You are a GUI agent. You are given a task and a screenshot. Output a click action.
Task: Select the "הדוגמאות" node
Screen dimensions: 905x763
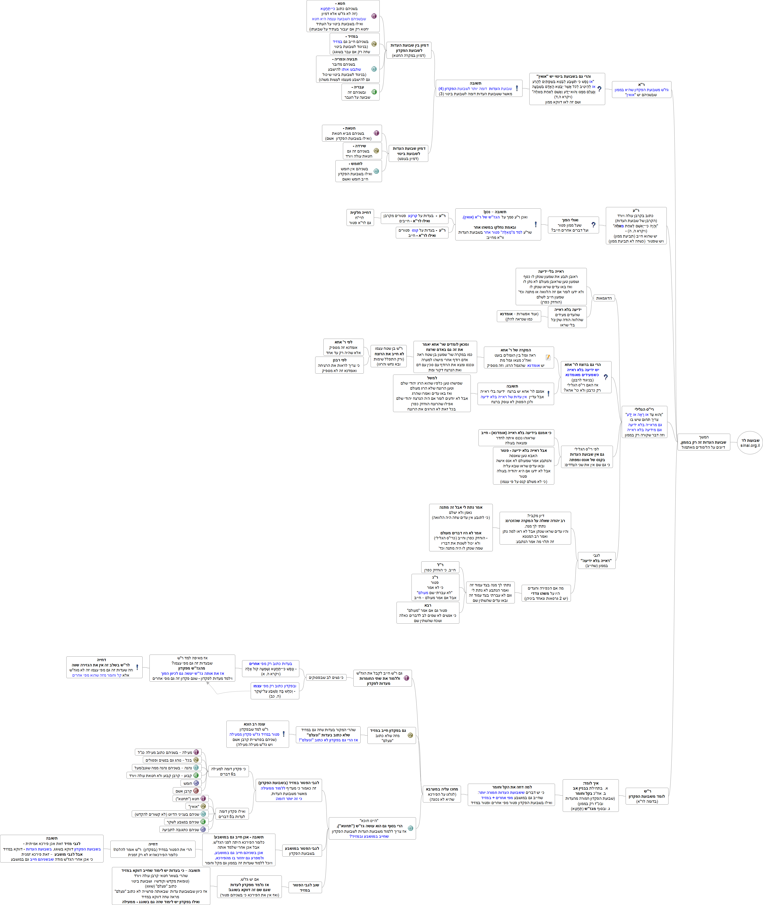point(604,298)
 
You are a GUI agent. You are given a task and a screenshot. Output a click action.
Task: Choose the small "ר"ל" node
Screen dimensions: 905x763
point(440,567)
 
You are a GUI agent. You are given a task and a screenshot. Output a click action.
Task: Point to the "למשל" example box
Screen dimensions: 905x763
point(432,393)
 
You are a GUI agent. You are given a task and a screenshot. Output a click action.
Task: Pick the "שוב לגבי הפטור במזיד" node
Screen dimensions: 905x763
point(305,887)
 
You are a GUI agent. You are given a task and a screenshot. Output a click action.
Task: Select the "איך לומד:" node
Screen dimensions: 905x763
point(590,795)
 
